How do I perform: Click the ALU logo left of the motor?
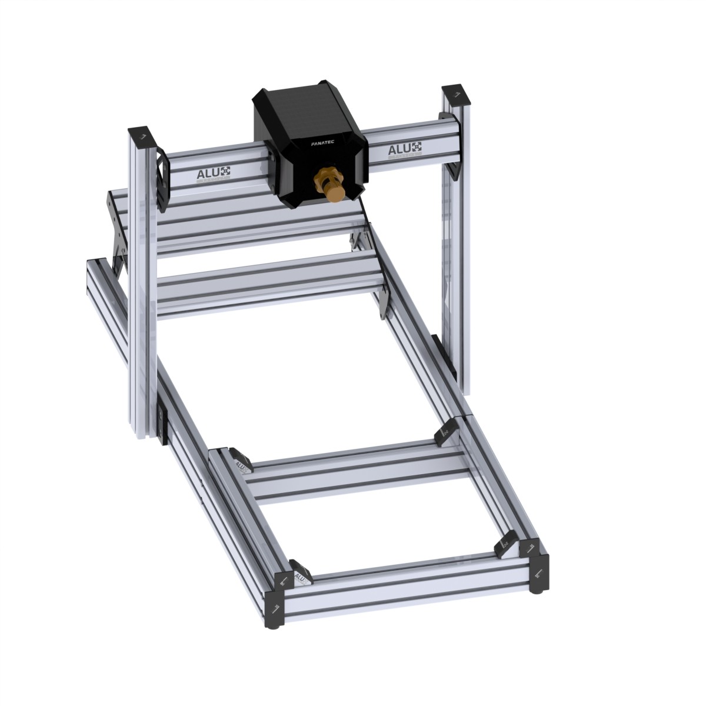point(213,172)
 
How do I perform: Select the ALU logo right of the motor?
point(405,149)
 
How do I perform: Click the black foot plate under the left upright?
point(162,421)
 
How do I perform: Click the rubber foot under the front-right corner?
point(540,588)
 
